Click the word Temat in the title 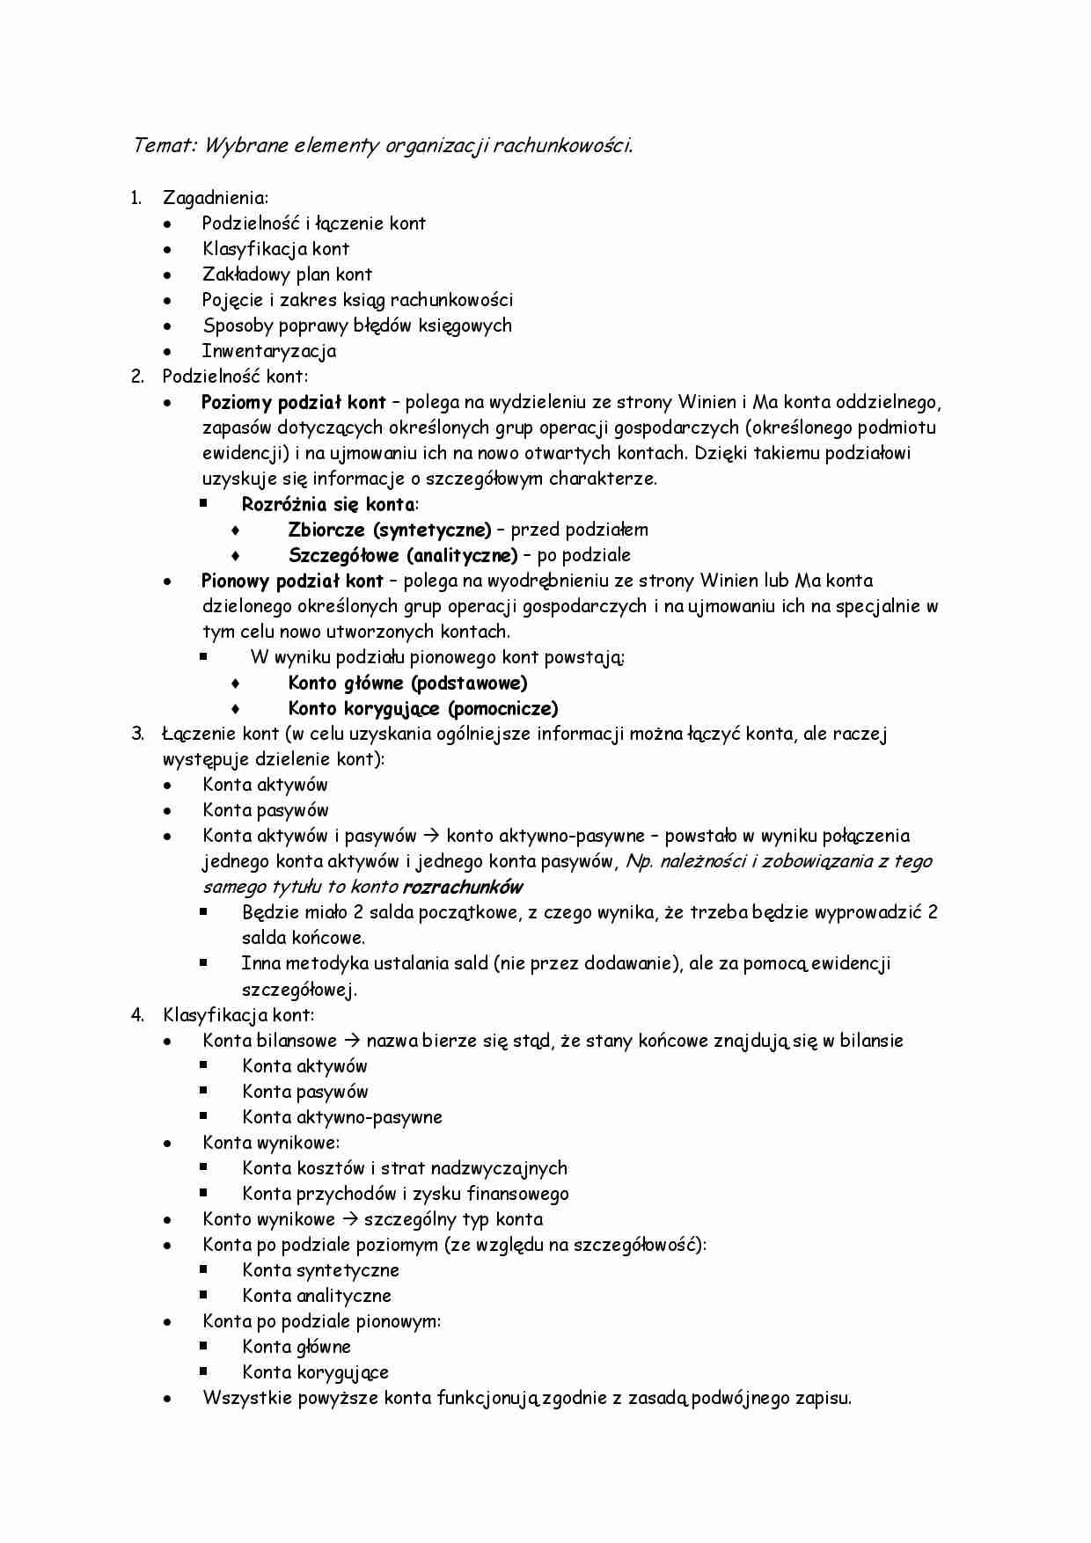coord(163,145)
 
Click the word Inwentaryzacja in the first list coord(268,351)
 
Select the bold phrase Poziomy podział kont coord(293,403)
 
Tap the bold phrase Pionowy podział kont coord(292,581)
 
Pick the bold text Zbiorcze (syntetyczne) coord(389,530)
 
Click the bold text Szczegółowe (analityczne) coord(403,555)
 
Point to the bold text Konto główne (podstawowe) coord(407,684)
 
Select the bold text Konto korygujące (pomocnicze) coord(423,709)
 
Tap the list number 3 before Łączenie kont coord(137,734)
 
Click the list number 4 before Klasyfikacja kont coord(137,1015)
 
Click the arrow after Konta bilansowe coord(352,1041)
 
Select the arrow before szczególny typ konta coord(349,1219)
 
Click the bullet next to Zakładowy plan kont coord(167,275)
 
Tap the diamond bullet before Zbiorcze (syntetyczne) coord(235,530)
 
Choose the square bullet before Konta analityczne coord(203,1295)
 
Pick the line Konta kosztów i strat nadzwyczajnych coord(405,1168)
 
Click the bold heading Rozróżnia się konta coord(328,504)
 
